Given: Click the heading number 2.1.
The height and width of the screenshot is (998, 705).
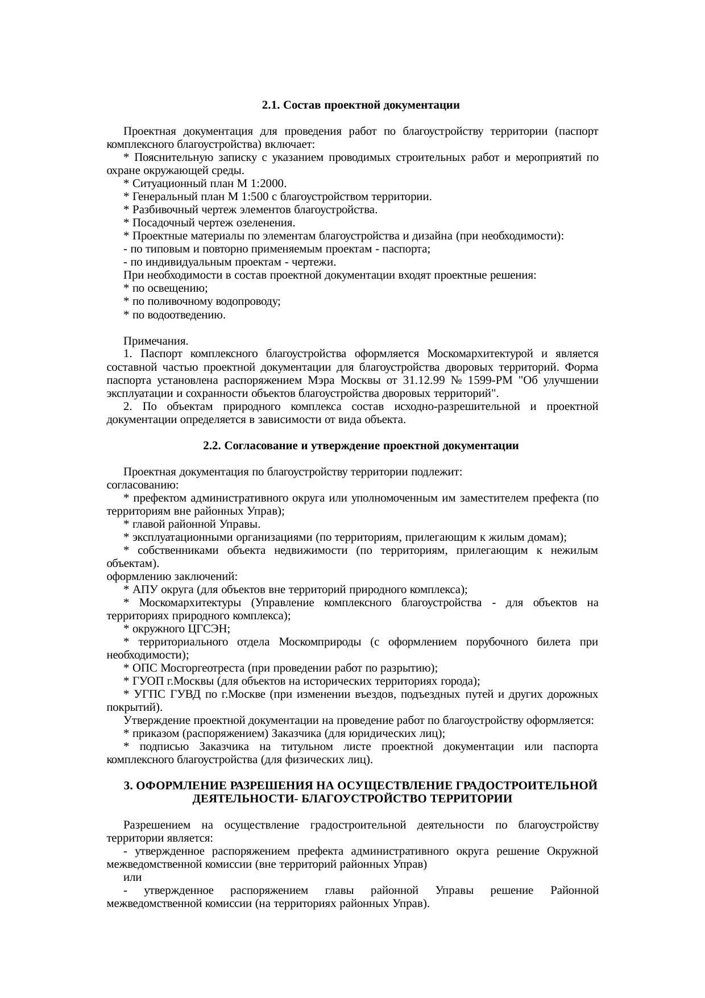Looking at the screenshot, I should [x=271, y=106].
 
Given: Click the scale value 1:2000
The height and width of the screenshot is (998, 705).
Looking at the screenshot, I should [x=267, y=184].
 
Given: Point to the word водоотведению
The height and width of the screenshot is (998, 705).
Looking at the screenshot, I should [x=191, y=315].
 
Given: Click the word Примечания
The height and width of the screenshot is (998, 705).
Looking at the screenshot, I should [x=156, y=342].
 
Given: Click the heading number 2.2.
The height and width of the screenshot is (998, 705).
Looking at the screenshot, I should [x=212, y=446].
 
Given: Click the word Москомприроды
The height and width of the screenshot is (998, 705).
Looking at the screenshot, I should [x=320, y=642].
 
